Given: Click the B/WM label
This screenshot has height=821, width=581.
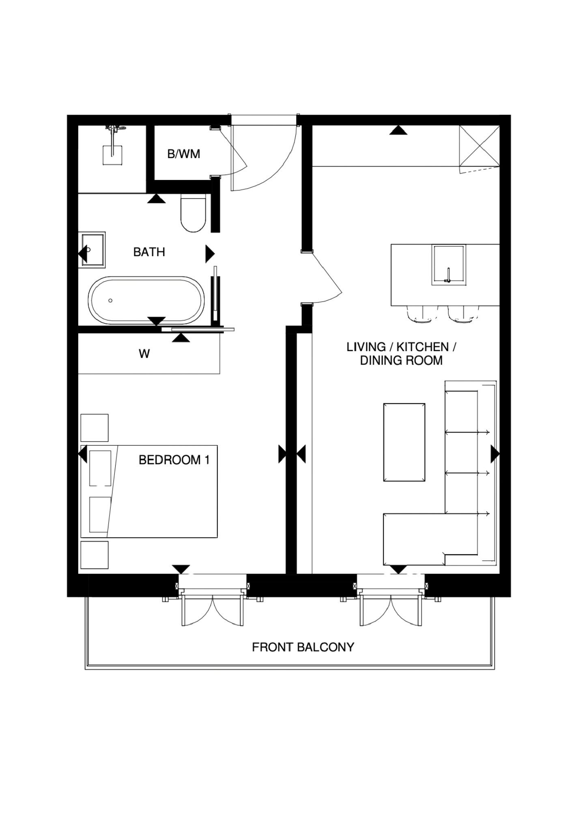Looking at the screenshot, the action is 183,154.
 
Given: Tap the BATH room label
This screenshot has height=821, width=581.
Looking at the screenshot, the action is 149,252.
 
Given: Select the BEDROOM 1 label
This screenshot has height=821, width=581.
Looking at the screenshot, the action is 174,460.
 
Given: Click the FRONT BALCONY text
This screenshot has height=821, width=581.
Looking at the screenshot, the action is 303,647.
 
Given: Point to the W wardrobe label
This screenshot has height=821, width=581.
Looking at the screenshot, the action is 144,354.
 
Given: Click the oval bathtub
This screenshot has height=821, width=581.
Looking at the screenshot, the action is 147,300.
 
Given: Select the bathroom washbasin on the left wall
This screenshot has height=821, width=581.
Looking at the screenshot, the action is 93,249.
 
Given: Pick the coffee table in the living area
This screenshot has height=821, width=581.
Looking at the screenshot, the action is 404,442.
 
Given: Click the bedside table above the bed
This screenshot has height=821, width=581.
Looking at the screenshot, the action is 95,428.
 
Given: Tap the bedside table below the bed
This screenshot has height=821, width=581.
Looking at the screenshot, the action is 95,555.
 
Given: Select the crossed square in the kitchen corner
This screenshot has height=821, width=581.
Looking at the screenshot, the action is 479,146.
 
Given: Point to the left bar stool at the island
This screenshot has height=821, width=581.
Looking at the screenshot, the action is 422,314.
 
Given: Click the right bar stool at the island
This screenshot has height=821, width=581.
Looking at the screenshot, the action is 463,314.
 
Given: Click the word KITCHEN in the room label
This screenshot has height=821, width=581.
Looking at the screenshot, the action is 422,347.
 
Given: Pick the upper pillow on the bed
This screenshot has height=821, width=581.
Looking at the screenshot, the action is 100,468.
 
